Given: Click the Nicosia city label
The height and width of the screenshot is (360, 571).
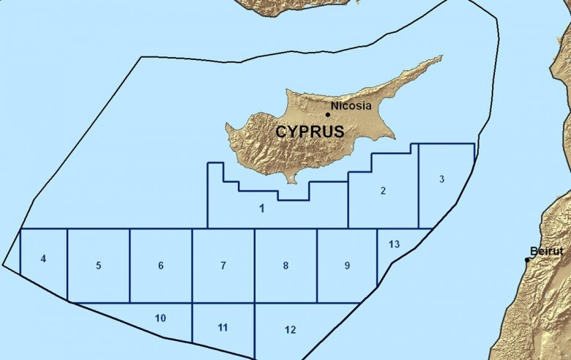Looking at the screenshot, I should tap(351, 106).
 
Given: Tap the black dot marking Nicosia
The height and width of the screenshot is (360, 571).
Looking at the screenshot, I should tap(327, 114).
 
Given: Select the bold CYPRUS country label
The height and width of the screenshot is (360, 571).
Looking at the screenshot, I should tap(310, 132).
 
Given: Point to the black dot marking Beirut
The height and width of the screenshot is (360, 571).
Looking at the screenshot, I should tap(527, 259).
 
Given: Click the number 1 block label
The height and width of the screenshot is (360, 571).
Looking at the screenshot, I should tap(261, 209).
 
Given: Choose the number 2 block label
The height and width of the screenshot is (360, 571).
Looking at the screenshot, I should tap(383, 191).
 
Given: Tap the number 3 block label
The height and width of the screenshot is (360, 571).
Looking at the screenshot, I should tap(442, 179).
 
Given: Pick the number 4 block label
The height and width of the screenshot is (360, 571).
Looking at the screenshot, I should tap(43, 258).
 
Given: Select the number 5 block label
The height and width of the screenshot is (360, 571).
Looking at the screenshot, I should tap(98, 266).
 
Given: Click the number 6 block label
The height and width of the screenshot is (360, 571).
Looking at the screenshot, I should tap(160, 266).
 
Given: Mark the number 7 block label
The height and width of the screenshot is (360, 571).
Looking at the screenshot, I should tap(223, 266).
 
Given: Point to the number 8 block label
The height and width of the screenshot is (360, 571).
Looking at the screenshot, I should tap(285, 266).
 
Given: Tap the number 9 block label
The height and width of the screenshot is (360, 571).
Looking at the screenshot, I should tap(347, 266).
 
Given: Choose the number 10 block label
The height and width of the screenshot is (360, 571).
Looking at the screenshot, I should tap(160, 318).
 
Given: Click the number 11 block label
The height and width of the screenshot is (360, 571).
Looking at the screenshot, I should tap(223, 327).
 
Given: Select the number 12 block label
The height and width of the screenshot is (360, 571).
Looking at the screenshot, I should tap(291, 330).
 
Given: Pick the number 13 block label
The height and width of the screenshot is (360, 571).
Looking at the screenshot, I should tap(394, 244).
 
